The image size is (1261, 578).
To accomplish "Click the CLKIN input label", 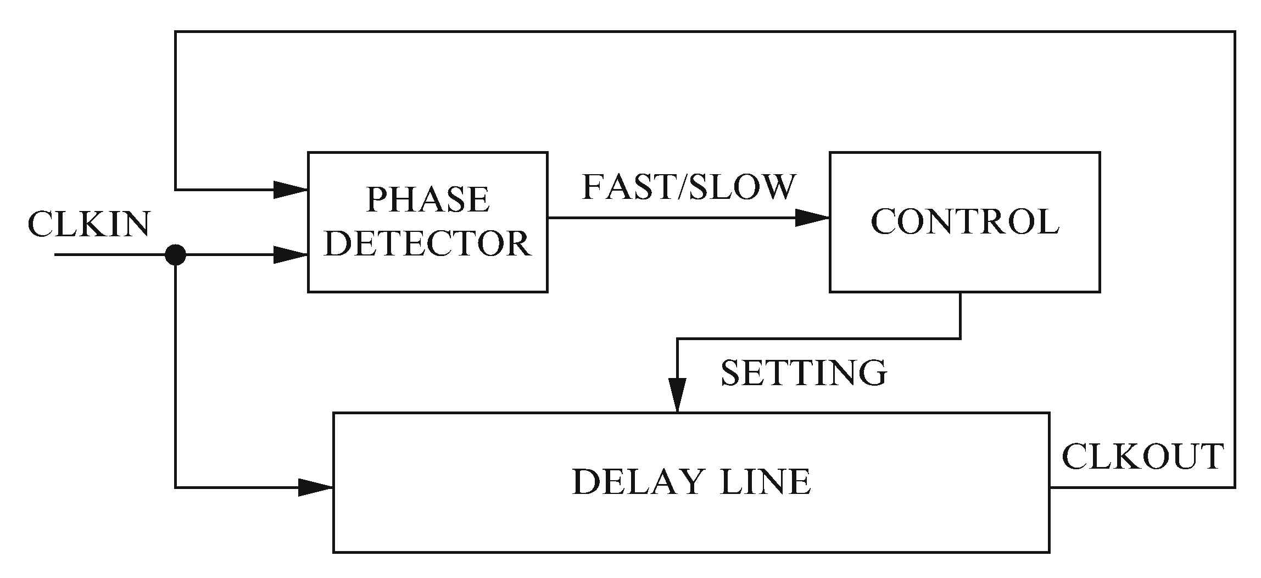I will click(x=89, y=225).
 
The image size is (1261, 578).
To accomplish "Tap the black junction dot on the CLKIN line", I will click(x=175, y=255).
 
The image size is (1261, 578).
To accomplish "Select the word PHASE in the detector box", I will click(x=427, y=199).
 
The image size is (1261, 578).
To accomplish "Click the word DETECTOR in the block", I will click(x=427, y=243).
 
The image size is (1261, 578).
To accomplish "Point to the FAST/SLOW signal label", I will click(x=689, y=187).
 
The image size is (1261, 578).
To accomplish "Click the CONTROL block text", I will click(x=964, y=223).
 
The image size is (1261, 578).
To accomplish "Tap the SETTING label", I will click(x=804, y=374).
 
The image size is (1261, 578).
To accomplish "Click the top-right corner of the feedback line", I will click(x=1235, y=32).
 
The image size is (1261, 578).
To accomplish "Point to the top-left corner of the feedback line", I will click(x=175, y=32).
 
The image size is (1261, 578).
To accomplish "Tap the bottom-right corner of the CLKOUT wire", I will click(x=1235, y=487).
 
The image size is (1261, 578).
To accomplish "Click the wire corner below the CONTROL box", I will click(x=960, y=338).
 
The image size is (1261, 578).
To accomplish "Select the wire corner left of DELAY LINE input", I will click(x=175, y=487).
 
